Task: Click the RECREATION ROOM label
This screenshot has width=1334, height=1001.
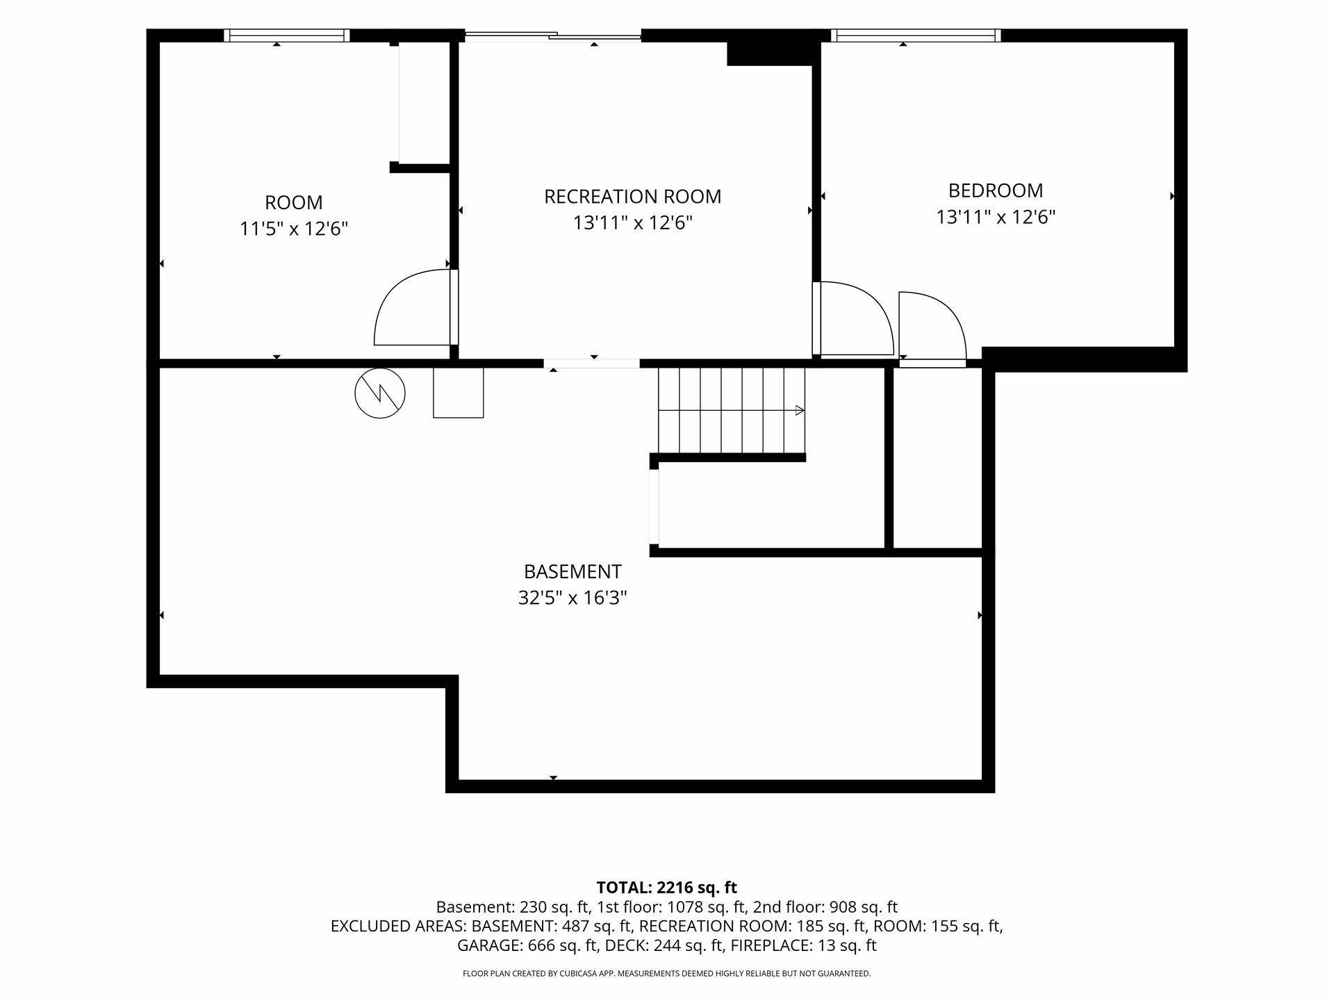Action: pos(632,197)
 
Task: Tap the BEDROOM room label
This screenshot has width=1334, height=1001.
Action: pos(996,190)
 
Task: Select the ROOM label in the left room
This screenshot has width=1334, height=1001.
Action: pos(294,203)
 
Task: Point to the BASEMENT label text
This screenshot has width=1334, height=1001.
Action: pos(573,571)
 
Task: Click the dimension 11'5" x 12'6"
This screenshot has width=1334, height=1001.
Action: pos(294,229)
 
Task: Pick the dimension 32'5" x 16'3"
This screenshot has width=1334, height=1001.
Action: pos(573,598)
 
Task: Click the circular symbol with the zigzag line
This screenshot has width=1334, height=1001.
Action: pos(380,393)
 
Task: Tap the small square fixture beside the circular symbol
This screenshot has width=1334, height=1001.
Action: pos(458,393)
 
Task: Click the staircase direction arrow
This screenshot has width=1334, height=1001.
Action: pos(800,410)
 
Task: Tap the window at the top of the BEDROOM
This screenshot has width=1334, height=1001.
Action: pos(916,35)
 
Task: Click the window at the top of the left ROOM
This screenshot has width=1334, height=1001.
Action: pos(286,35)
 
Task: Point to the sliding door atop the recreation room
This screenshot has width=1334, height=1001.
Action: pos(552,35)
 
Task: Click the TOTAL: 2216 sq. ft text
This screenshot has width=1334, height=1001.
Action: pos(667,888)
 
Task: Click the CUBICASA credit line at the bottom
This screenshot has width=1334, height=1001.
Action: pos(667,974)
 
